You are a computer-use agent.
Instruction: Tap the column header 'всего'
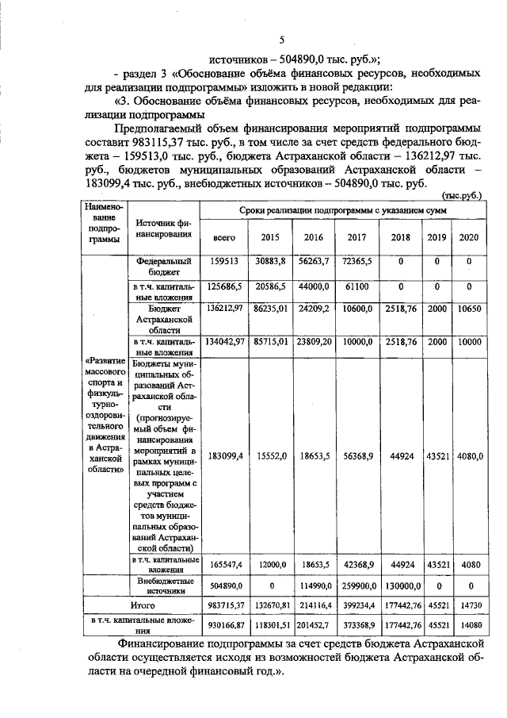(224, 237)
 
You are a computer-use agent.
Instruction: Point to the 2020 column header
(469, 237)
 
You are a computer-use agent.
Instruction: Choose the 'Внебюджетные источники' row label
(165, 586)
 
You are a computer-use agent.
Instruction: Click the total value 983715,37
(224, 605)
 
